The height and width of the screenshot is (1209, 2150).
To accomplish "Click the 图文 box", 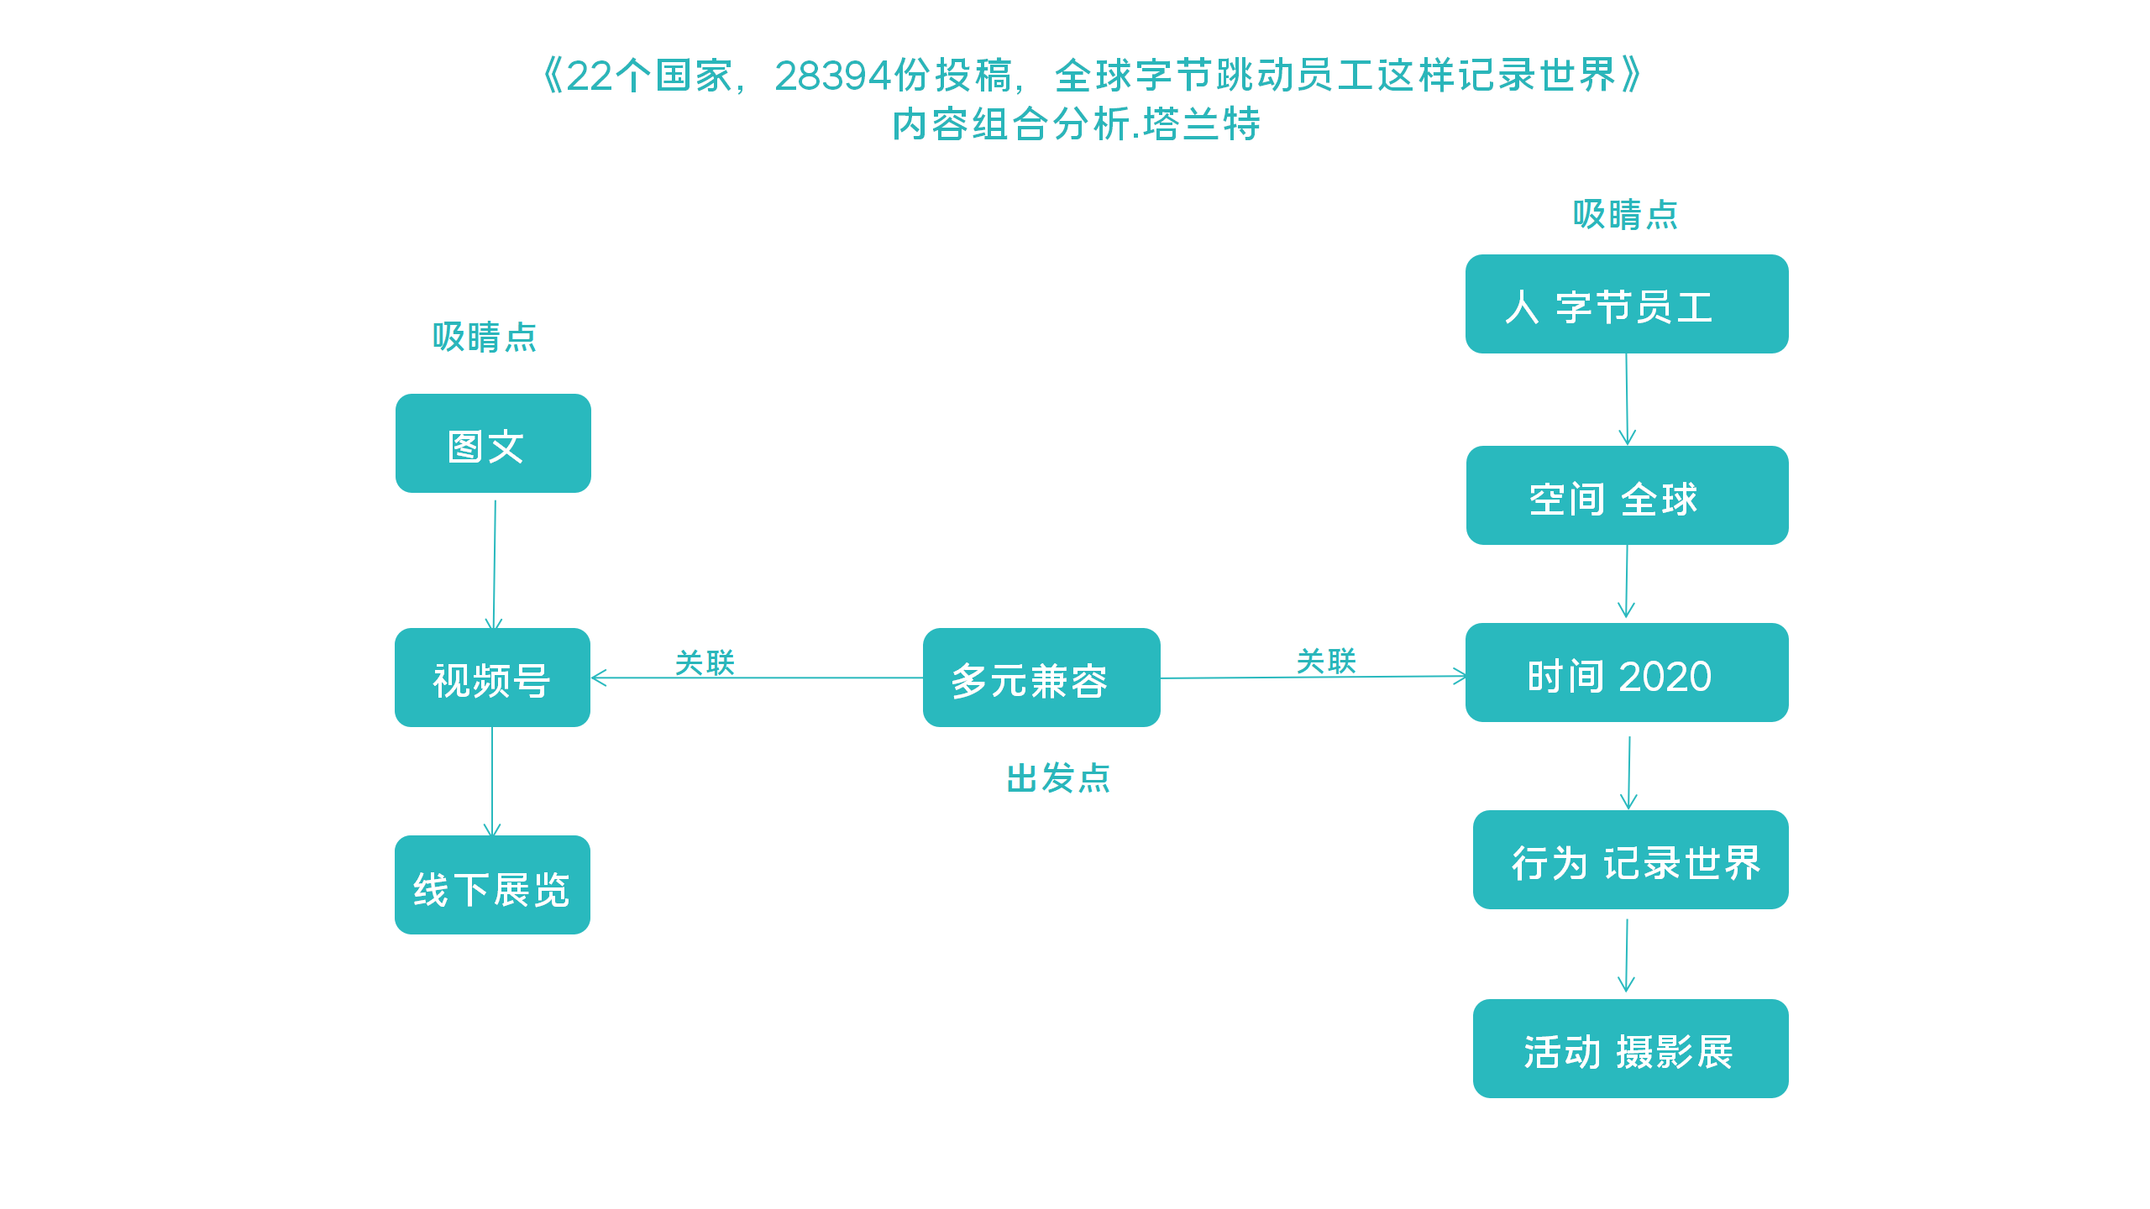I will point(493,443).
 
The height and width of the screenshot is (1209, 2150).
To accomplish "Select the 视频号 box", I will point(492,678).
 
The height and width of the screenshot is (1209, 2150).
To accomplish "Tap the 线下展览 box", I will point(492,885).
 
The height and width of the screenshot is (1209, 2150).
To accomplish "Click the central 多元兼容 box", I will point(1041,678).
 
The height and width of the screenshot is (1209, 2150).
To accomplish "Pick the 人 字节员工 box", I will point(1627,304).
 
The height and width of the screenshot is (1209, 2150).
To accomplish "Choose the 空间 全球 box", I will point(1627,495).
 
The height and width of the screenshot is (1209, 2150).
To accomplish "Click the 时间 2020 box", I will point(1627,673).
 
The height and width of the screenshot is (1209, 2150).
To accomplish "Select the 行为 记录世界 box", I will point(1630,860).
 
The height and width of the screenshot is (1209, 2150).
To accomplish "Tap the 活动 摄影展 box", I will point(1630,1049).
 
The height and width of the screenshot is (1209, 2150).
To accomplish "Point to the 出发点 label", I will point(1058,778).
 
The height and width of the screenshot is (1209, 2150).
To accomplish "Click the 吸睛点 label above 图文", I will point(485,338).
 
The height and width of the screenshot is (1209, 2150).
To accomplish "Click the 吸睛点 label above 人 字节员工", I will point(1625,215).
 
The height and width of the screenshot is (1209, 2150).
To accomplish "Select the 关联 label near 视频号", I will point(705,662).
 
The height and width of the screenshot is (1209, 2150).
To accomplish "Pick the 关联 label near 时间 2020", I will point(1326,661).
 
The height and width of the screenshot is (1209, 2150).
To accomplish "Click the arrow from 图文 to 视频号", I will point(495,563).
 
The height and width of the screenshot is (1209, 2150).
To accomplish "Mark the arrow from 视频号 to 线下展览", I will point(492,781).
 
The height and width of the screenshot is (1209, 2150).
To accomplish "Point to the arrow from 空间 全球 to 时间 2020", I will point(1627,581).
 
